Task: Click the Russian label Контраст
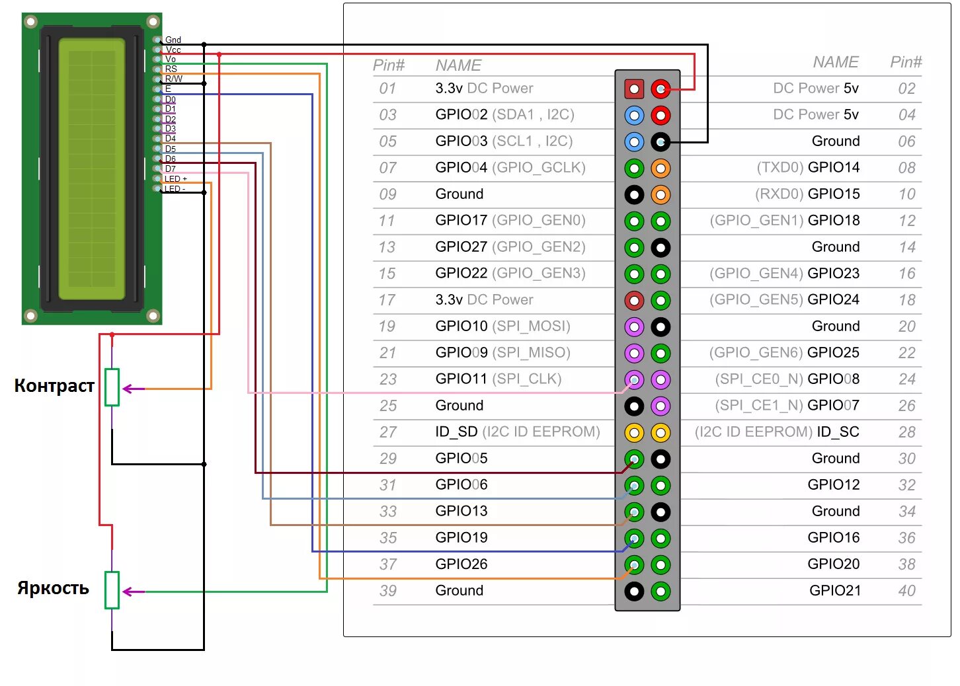54,386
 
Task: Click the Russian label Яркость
53,588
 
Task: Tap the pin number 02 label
906,89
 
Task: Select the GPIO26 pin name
461,564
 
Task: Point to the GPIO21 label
834,590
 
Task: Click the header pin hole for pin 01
634,89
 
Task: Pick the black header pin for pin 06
660,141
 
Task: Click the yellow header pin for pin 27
634,432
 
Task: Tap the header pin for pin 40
660,591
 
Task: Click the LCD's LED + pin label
175,179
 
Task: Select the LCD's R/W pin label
173,79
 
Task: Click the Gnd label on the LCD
173,40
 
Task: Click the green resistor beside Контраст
112,387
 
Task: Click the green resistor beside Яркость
112,590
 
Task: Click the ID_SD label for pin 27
456,432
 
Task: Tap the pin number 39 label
388,590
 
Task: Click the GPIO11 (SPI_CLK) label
498,379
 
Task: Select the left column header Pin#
389,65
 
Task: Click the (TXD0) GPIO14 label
807,167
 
